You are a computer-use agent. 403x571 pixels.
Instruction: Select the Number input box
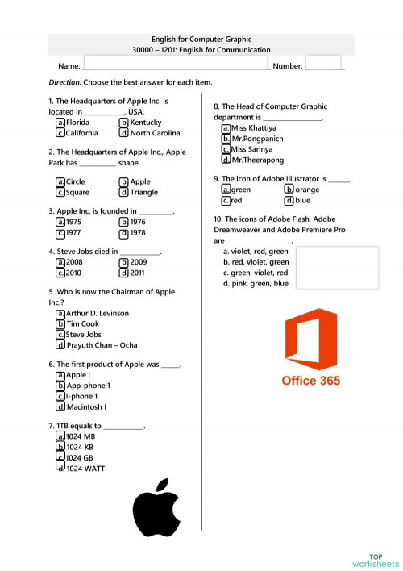[x=323, y=64]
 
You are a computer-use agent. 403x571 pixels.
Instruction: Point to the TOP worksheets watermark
[x=375, y=561]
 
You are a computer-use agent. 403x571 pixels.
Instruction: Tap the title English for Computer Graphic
[x=201, y=39]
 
